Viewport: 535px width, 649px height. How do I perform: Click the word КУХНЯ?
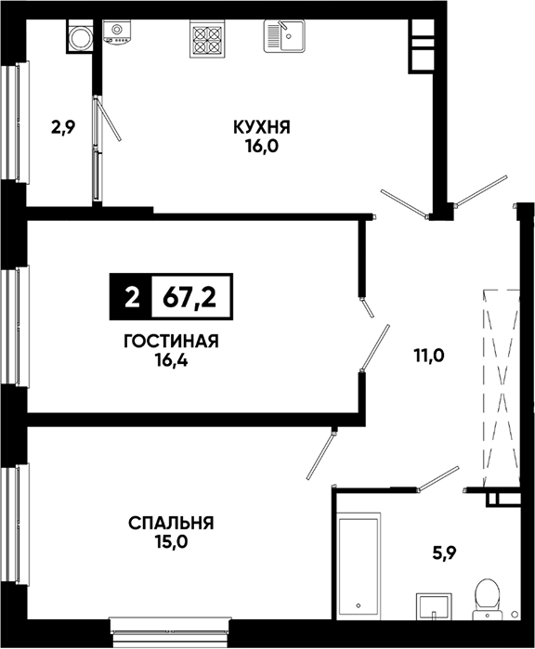point(262,127)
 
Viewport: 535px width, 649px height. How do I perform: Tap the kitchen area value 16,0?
point(262,146)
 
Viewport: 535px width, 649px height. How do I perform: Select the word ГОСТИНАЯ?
point(171,342)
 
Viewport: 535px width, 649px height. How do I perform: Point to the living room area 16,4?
point(172,360)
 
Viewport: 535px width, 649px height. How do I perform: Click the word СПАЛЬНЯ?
point(171,523)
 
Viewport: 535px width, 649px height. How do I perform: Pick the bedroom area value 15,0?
point(172,542)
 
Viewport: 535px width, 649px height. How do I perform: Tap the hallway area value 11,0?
point(428,355)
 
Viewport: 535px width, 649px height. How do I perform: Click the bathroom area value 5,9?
point(444,552)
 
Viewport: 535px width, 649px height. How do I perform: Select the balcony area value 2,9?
point(63,127)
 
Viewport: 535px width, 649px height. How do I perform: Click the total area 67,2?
point(190,297)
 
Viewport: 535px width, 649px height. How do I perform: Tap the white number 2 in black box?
point(132,297)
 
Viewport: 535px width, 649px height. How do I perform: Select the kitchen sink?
point(284,35)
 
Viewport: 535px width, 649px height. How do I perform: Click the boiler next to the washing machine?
point(117,32)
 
